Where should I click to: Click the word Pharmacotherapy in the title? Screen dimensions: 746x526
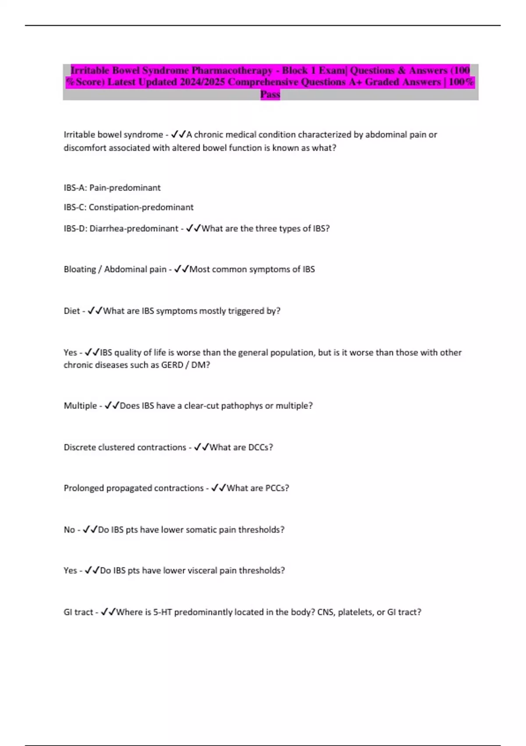[x=232, y=70]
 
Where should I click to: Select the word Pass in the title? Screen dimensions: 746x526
[x=270, y=94]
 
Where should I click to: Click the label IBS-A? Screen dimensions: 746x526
[x=75, y=188]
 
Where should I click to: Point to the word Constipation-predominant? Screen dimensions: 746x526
[x=141, y=207]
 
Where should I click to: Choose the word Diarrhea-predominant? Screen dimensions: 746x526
[x=134, y=229]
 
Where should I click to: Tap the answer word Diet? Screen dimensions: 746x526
[x=71, y=311]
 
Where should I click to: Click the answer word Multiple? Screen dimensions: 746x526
[x=80, y=406]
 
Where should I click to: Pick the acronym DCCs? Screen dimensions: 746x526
[x=260, y=448]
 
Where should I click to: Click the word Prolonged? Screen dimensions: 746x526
[x=83, y=488]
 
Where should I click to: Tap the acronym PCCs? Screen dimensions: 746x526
[x=277, y=488]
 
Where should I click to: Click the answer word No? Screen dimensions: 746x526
[x=69, y=530]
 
